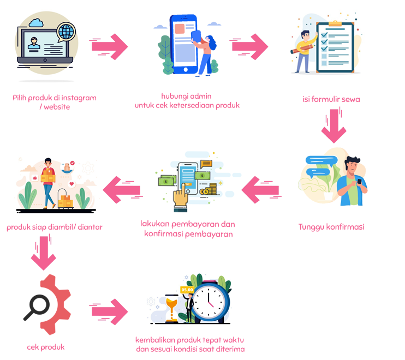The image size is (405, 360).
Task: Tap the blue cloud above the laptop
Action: click(x=38, y=23)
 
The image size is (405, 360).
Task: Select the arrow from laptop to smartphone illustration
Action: click(x=110, y=46)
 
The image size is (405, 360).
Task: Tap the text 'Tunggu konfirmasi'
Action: click(x=331, y=227)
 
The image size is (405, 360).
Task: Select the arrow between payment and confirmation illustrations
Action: click(x=261, y=190)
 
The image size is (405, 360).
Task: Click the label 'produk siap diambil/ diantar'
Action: click(x=55, y=227)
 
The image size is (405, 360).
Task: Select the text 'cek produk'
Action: click(x=45, y=347)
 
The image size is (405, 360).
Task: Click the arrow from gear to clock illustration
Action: click(x=110, y=312)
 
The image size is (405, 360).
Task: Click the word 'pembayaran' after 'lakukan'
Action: click(x=195, y=224)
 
